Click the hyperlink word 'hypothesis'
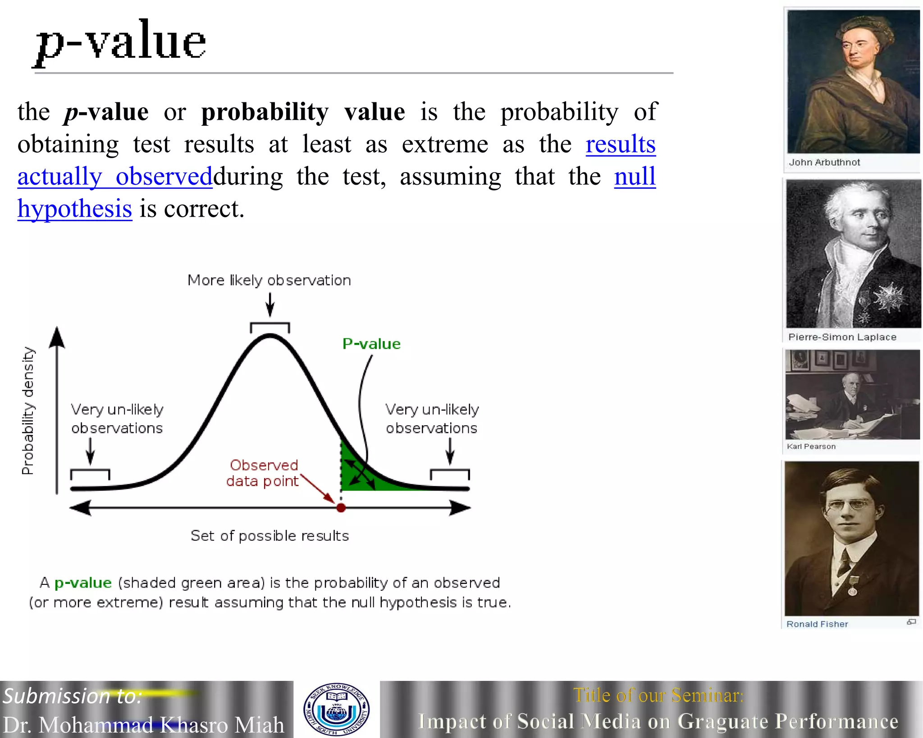click(x=75, y=209)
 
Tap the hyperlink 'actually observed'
click(x=115, y=177)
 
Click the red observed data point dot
click(x=341, y=508)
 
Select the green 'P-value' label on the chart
click(x=371, y=344)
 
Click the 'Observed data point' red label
click(x=263, y=473)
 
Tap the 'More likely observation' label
click(x=269, y=280)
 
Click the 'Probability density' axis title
click(x=28, y=410)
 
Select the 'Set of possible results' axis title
click(x=270, y=536)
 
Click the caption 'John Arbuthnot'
click(x=824, y=162)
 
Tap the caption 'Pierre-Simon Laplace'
click(x=842, y=337)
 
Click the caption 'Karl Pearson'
click(x=811, y=446)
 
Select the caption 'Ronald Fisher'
click(x=817, y=624)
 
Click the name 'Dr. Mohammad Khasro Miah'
click(x=143, y=725)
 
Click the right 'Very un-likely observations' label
click(x=432, y=419)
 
